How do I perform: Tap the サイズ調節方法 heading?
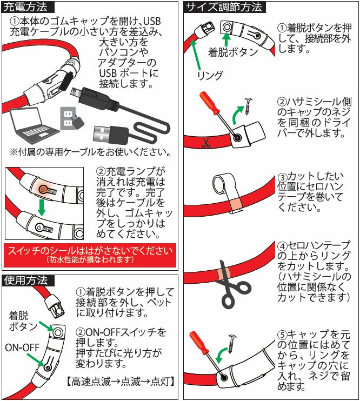click(224, 7)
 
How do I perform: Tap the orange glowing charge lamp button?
click(43, 189)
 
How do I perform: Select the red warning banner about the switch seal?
click(90, 255)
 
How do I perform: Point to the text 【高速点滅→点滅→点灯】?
click(120, 382)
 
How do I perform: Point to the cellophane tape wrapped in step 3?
click(233, 202)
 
